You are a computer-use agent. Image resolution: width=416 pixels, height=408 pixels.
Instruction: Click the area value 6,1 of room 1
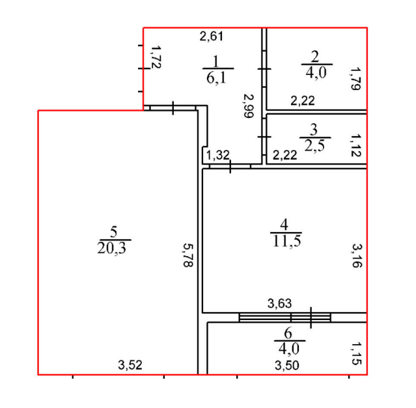pos(217,78)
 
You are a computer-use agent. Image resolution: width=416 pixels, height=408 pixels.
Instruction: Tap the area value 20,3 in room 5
pos(112,248)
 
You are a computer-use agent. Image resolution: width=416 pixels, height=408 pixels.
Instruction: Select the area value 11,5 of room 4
pos(287,241)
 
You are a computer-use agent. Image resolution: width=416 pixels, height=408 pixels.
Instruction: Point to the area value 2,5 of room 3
pos(314,145)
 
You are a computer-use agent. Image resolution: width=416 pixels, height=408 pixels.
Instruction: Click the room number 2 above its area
pos(315,56)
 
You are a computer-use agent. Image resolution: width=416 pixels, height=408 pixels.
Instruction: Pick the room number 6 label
pos(288,333)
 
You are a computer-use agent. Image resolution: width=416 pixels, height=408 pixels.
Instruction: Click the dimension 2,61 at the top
pos(212,36)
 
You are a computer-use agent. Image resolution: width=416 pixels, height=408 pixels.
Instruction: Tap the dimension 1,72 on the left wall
pos(156,57)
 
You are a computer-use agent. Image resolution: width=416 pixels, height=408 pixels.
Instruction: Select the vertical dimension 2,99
pos(249,106)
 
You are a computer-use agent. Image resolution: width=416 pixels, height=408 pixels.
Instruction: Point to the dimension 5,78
pos(188,255)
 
